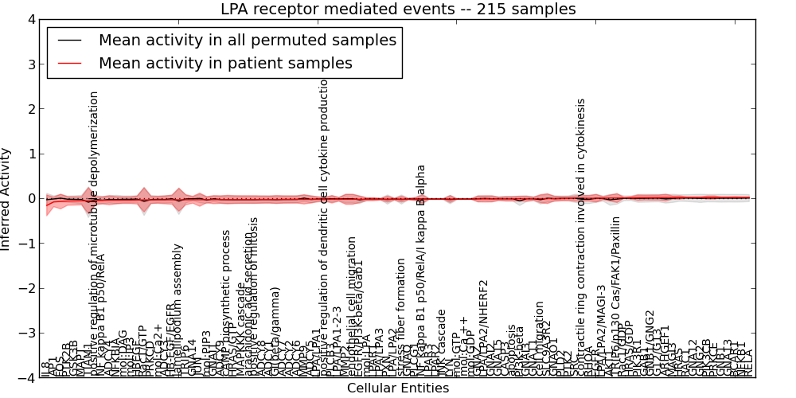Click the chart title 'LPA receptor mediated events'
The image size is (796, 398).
point(398,10)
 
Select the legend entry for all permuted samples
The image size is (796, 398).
point(247,41)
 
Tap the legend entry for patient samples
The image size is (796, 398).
point(225,63)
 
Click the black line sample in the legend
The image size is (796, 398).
point(69,41)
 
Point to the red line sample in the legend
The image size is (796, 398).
point(69,63)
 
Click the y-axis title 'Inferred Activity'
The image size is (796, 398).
point(7,199)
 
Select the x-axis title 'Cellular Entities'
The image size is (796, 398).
point(398,388)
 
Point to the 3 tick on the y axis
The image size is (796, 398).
point(29,64)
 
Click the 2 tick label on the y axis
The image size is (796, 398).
point(29,109)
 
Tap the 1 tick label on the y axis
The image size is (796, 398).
point(29,154)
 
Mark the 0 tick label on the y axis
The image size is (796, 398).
point(29,199)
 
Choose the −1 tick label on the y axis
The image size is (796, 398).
point(26,244)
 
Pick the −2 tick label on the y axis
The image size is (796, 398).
point(26,288)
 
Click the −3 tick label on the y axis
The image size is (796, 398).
point(26,334)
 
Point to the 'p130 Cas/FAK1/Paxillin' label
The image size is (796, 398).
point(615,295)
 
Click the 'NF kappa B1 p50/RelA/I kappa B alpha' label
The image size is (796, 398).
point(421,271)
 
